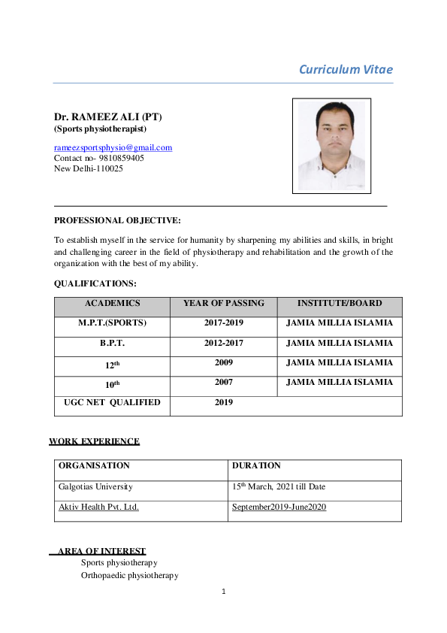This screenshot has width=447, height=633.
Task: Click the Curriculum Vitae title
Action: point(346,70)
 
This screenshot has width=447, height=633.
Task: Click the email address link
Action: point(113,147)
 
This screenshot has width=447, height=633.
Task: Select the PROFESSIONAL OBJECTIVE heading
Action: point(117,220)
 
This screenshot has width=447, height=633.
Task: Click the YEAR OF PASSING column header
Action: point(223,304)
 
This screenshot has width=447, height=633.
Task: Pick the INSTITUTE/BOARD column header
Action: point(339,304)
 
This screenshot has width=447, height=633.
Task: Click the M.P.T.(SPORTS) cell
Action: point(112,323)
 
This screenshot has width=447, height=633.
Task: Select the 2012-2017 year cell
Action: point(223,343)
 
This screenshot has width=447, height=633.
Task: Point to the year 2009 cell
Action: point(223,362)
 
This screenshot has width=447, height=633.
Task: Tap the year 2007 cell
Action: point(223,383)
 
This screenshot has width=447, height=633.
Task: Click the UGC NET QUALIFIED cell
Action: point(112,402)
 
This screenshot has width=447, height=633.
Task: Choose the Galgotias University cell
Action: point(95,486)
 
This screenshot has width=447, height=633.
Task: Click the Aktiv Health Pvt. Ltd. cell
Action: point(98,507)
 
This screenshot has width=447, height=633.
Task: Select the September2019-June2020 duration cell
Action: point(279,507)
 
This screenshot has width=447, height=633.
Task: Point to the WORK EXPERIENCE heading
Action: point(94,441)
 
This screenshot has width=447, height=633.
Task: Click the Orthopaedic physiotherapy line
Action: point(129,575)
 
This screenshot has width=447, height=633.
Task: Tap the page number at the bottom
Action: point(223,592)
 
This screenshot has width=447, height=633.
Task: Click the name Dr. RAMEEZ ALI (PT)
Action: point(107,117)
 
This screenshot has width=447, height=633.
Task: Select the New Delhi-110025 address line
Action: point(88,169)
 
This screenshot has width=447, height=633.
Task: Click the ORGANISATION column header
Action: point(94,466)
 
